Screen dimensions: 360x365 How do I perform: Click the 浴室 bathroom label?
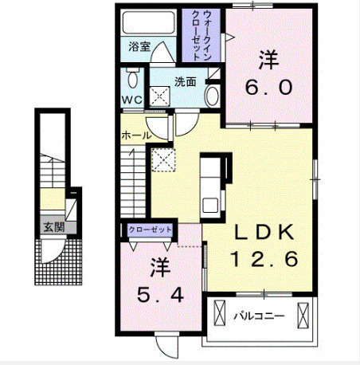[139, 47]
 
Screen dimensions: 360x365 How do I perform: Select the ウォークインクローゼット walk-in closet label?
[202, 35]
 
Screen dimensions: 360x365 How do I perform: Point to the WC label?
[132, 100]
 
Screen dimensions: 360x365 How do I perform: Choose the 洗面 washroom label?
[185, 81]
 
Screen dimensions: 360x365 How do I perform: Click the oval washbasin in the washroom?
[213, 96]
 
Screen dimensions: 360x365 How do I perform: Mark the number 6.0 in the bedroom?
[268, 88]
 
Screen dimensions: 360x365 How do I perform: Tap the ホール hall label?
[136, 135]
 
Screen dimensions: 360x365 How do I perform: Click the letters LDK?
[264, 232]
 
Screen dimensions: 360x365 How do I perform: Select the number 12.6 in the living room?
[264, 259]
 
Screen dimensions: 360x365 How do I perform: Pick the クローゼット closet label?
[150, 230]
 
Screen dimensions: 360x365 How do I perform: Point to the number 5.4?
[160, 295]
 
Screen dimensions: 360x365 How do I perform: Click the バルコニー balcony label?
[259, 316]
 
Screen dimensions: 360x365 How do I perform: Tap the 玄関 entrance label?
[54, 227]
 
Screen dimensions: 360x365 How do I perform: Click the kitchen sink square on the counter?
[210, 205]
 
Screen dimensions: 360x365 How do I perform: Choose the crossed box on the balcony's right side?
[303, 316]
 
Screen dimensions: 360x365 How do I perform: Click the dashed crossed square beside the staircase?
[163, 160]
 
